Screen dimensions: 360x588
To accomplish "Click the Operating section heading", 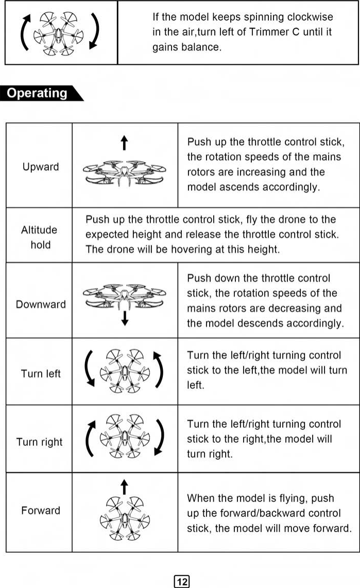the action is [x=38, y=93].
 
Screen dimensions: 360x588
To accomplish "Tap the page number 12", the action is [x=182, y=582].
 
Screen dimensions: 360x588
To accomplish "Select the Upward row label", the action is [x=41, y=167].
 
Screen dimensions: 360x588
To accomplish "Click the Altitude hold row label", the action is [x=39, y=237].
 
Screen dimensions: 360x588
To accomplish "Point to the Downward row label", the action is [x=41, y=304].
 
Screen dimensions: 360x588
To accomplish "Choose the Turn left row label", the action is [x=41, y=373].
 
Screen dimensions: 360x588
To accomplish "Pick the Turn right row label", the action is [x=40, y=442].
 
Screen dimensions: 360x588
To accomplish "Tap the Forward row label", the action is [x=41, y=510].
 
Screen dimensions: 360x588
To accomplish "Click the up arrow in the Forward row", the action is [x=124, y=486].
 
